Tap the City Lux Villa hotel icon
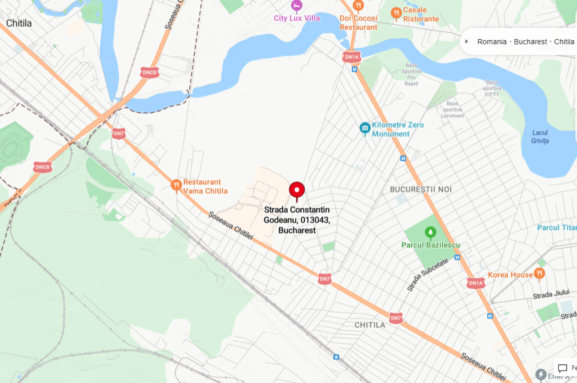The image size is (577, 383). point(296,5)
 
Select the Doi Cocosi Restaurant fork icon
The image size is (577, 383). point(358,5)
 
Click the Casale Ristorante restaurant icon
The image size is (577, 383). point(396,13)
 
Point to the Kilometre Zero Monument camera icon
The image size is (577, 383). point(365,128)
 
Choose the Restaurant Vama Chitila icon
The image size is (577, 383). point(176,185)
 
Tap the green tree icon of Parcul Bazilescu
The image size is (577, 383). point(430,233)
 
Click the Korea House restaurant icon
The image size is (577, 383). point(539,274)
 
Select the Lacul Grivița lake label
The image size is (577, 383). point(540,137)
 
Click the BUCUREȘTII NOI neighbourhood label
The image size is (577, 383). point(421,190)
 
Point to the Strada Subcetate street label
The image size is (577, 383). point(427,274)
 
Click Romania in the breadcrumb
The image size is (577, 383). point(492,41)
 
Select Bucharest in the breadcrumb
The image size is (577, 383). point(530,41)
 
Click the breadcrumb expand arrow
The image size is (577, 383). point(467,41)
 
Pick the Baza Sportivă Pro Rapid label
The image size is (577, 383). point(411,74)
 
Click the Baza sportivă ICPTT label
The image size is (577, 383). point(492,88)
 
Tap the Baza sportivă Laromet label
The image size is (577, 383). point(453,109)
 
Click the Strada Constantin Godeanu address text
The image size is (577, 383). point(297,220)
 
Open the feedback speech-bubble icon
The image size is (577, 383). point(563,369)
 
